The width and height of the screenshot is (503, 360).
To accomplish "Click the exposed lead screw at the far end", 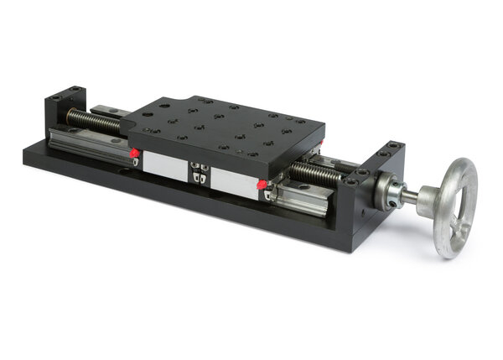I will coord(93,122).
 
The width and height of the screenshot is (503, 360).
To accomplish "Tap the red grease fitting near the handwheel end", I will coord(262,184).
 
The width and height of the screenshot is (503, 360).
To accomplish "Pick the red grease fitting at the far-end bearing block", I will coord(134,153).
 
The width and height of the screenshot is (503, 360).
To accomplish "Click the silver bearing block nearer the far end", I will coord(163,163).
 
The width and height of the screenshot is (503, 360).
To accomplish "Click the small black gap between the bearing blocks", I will coord(199,171).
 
